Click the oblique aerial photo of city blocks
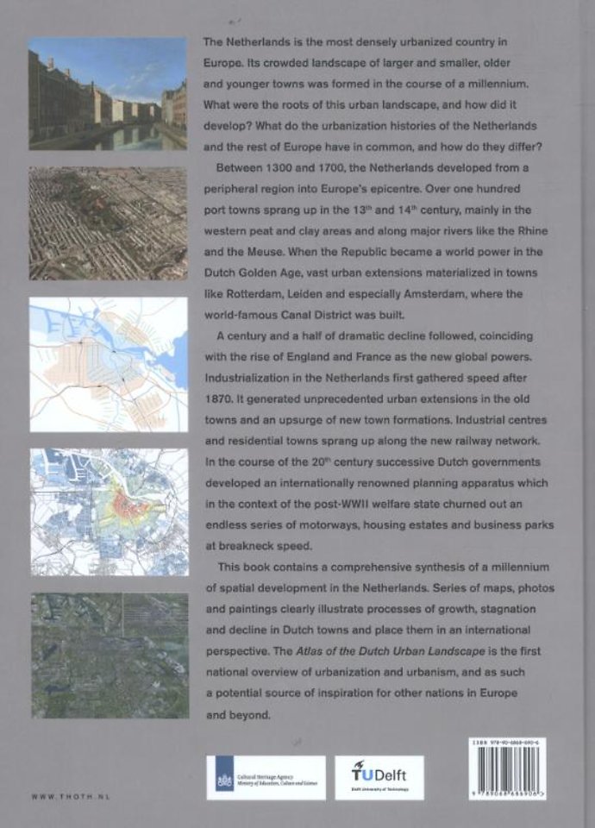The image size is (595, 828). coord(108,223)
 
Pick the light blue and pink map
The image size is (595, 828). coord(108,364)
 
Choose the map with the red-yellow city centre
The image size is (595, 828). coord(108,511)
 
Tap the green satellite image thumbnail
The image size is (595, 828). coord(108,655)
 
